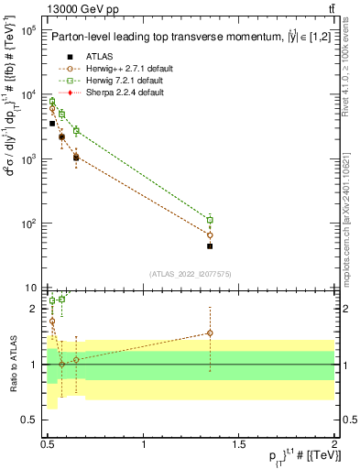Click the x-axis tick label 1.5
[x=239, y=442]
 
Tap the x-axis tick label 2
[x=334, y=442]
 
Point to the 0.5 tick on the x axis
[x=49, y=442]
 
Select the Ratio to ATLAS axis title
[x=13, y=364]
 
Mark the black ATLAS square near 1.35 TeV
[x=210, y=245]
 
